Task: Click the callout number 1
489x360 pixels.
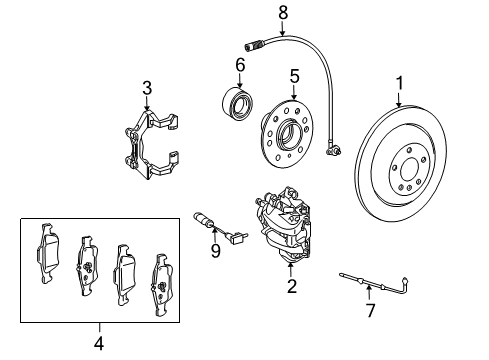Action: pos(399,83)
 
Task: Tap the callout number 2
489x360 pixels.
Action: pos(292,286)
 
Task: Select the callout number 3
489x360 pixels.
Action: pos(147,88)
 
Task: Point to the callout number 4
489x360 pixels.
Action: pos(99,343)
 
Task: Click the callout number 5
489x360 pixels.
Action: pos(295,76)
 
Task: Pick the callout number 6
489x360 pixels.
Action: pos(240,65)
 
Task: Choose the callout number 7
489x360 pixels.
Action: pos(370,310)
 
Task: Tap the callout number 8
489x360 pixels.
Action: pos(283,13)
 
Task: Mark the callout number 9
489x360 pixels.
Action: pos(216,251)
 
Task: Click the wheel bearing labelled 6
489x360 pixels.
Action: pos(237,103)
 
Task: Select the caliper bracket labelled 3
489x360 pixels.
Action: pos(151,144)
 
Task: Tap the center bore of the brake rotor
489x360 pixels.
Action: pos(409,171)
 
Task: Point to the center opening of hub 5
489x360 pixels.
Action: pos(287,135)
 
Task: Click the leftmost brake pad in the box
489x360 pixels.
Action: pos(49,253)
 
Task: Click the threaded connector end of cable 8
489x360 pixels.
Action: pos(255,45)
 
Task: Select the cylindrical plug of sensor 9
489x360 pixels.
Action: pos(202,220)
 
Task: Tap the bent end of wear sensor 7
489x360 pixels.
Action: pos(405,285)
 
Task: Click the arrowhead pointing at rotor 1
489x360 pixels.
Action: pos(399,104)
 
